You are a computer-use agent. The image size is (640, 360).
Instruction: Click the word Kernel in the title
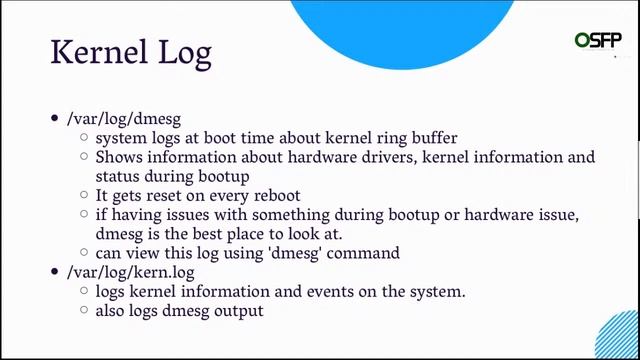click(100, 52)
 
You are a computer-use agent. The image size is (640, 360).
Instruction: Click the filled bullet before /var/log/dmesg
click(55, 119)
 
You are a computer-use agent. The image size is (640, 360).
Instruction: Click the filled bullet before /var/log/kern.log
click(55, 271)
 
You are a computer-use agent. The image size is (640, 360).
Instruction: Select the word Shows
click(118, 158)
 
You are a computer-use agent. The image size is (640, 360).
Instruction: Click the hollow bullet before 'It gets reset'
click(84, 196)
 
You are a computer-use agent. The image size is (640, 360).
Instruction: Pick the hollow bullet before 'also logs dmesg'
click(84, 310)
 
